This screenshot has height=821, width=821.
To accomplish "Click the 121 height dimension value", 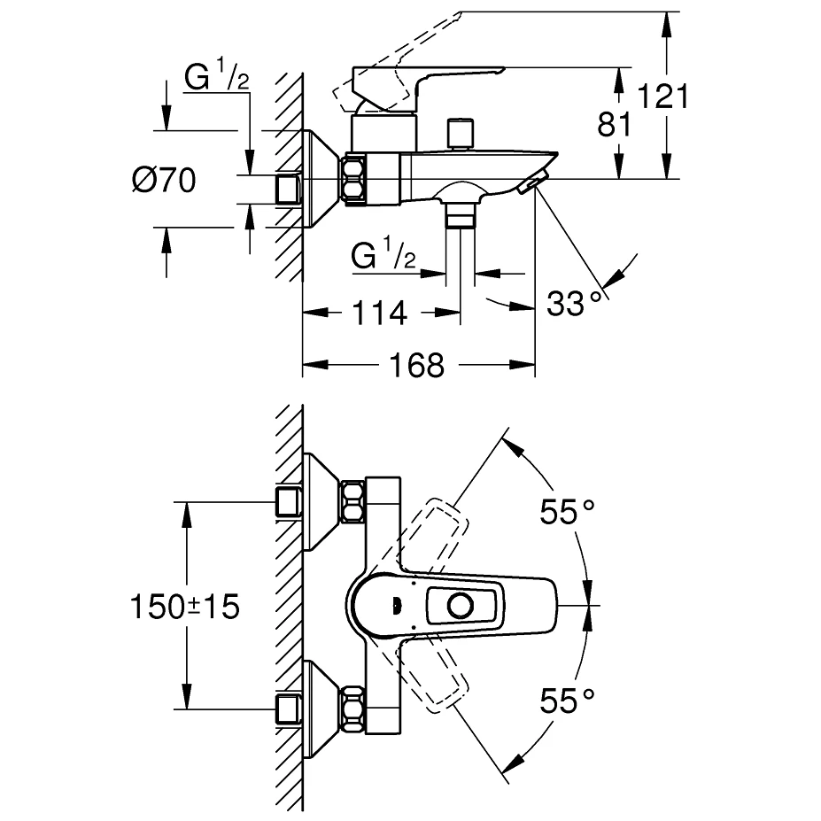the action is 662,97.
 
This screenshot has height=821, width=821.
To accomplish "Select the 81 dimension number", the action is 615,125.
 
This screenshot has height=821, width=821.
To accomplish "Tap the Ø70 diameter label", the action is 163,180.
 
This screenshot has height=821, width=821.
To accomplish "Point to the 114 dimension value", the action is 380,314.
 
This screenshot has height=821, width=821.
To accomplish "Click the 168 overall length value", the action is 417,365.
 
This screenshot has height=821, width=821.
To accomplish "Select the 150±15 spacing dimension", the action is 185,607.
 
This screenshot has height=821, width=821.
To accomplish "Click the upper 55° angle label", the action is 568,511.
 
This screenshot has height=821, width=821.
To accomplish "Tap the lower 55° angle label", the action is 568,700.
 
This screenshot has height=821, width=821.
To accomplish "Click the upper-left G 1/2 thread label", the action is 216,75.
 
